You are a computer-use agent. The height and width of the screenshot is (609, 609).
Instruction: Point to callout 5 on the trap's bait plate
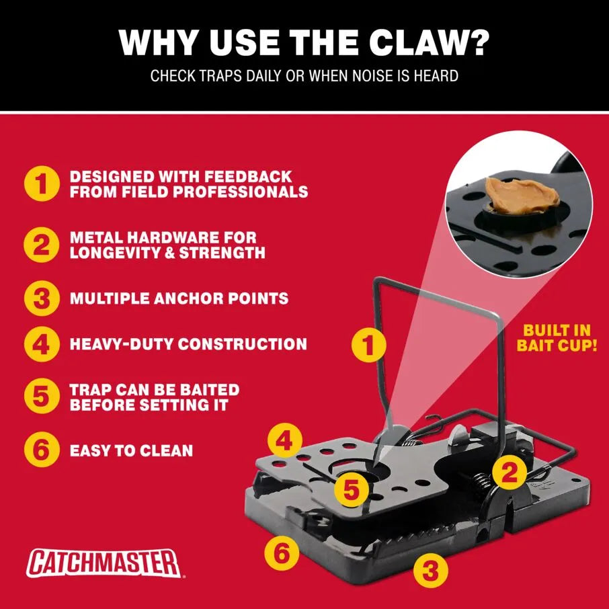click(351, 489)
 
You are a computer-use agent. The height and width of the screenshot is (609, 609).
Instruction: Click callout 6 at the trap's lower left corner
click(282, 553)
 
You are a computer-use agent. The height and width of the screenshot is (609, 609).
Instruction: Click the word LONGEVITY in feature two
click(120, 253)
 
